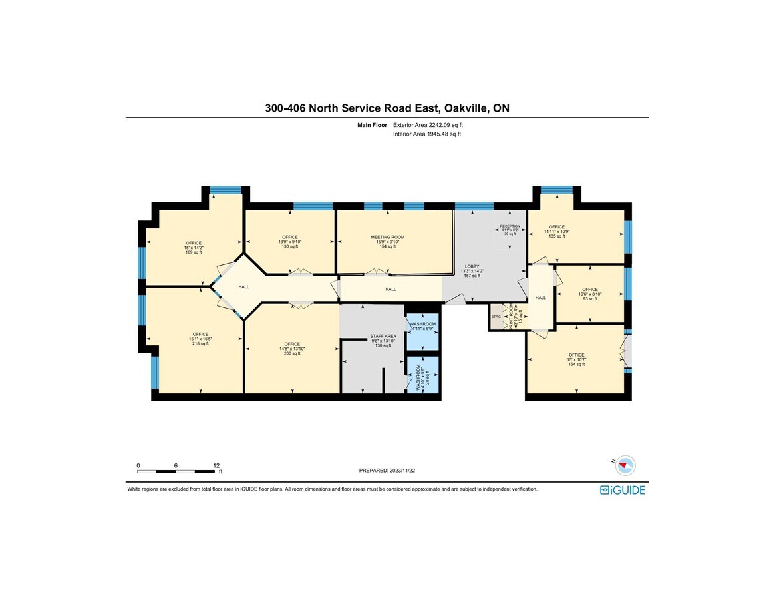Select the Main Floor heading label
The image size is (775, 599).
pos(373,125)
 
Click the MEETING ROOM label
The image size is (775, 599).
pos(387,237)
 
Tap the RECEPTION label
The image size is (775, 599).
pos(510,226)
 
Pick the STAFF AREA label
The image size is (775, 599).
pos(383,336)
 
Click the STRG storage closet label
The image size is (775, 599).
pos(496,317)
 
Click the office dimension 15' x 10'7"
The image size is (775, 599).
pos(576,359)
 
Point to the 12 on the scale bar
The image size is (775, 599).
pos(216,465)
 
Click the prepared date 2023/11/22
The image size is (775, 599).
pos(401,470)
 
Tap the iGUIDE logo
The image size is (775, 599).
pos(622,490)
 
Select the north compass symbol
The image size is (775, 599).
pos(625,465)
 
